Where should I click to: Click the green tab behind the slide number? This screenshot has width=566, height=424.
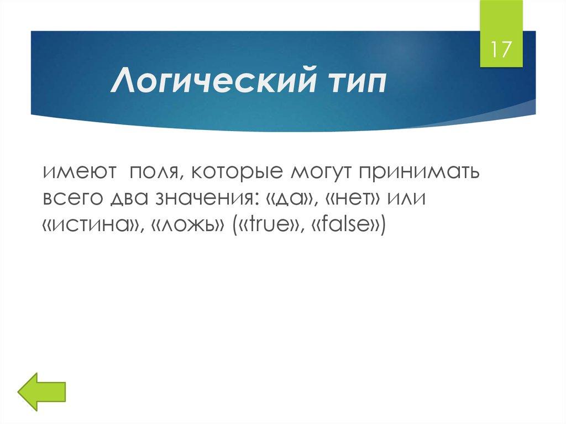click(x=501, y=17)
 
